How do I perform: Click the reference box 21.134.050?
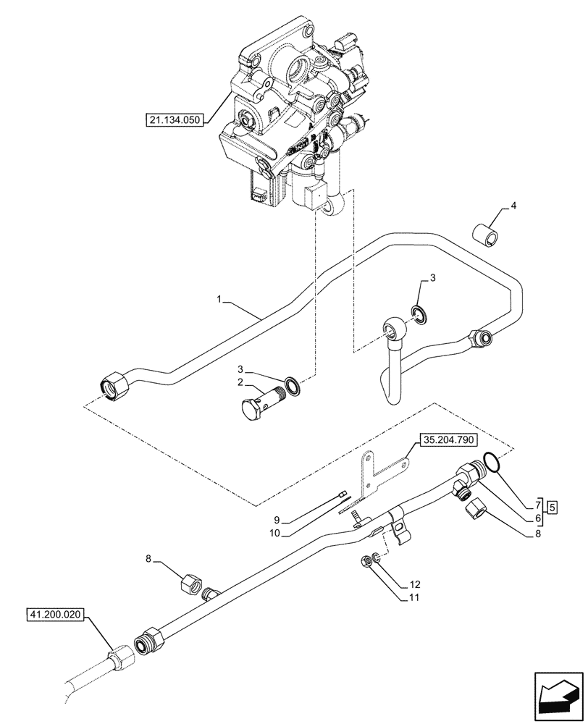point(175,119)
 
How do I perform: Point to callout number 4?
point(513,206)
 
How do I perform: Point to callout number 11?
point(413,597)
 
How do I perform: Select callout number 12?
point(413,584)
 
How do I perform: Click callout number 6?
point(538,518)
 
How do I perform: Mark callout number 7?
point(538,505)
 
